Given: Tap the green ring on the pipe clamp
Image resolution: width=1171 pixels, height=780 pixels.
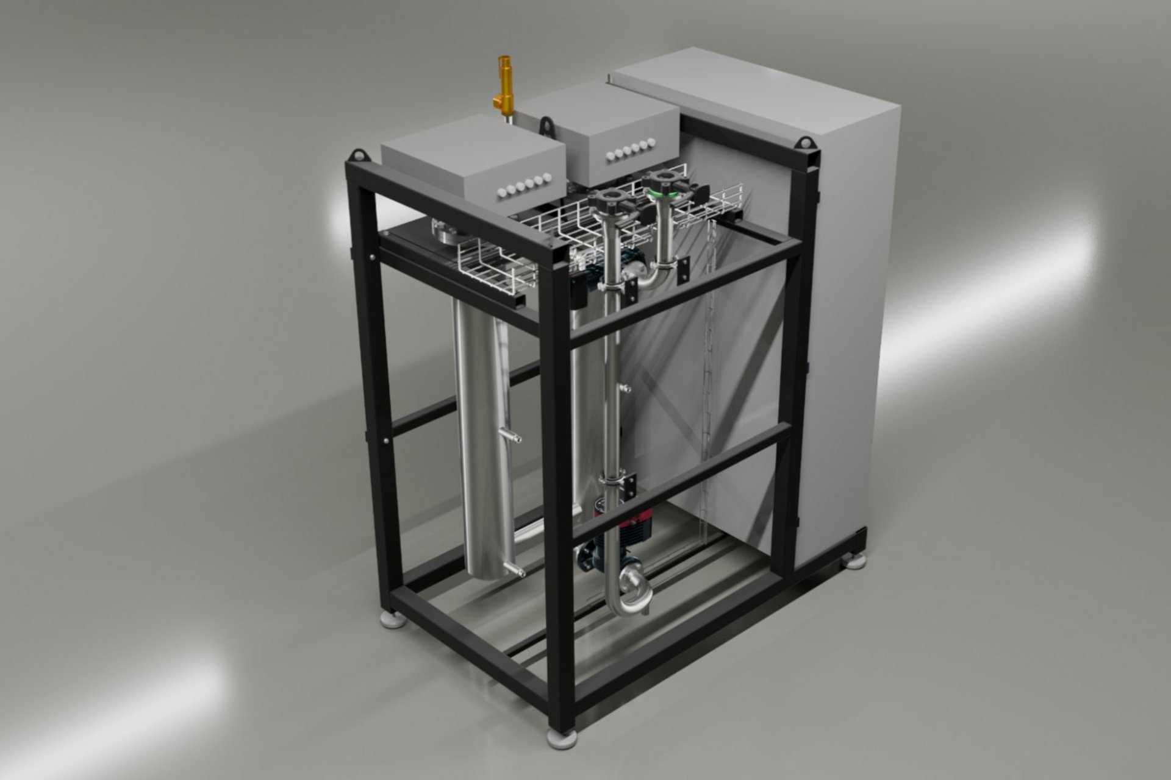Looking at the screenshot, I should click(662, 193).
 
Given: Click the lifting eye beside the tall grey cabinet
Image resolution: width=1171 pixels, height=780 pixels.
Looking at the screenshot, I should click(806, 144).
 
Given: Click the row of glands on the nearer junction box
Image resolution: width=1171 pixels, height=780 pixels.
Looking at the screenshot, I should click(525, 185).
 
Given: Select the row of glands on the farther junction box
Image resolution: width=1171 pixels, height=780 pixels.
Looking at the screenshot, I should click(631, 151).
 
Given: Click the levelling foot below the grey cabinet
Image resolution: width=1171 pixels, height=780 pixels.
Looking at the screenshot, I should click(855, 560).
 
